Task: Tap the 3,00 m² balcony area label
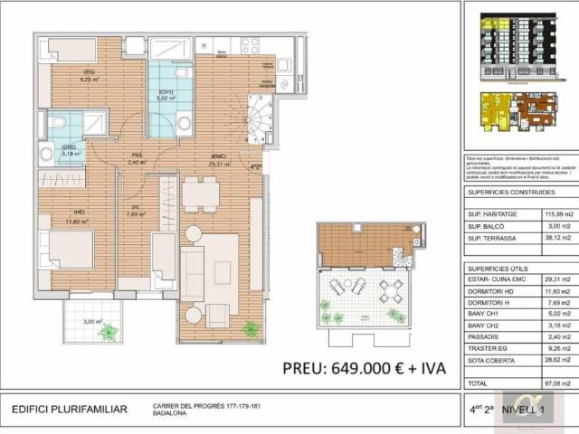tap(92, 321)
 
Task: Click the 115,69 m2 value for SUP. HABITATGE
tap(558, 214)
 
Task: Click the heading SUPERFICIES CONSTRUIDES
tap(510, 193)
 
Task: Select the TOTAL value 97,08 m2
tap(558, 383)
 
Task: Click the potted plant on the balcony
tap(108, 333)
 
